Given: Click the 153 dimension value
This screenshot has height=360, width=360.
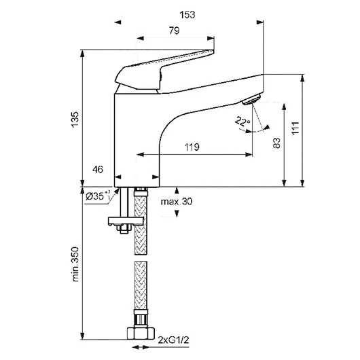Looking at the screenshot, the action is (187, 15).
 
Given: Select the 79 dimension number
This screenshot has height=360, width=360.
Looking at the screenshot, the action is (175, 31).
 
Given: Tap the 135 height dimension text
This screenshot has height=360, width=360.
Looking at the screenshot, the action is (75, 120).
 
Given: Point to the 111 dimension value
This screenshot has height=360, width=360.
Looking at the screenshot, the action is (295, 128).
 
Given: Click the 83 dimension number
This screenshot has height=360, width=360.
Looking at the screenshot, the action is (277, 143).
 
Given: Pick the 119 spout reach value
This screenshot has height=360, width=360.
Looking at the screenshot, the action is (192, 147).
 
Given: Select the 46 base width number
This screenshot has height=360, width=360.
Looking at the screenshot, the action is (98, 170).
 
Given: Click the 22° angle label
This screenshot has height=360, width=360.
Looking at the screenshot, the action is (242, 121).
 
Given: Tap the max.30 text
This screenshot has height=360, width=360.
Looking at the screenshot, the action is (177, 202).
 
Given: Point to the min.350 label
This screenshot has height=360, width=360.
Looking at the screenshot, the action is (75, 264).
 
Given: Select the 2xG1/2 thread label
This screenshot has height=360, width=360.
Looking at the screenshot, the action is (173, 340).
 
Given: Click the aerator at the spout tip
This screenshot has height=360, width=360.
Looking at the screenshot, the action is (251, 100).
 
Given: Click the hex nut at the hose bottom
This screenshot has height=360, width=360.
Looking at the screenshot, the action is (141, 334).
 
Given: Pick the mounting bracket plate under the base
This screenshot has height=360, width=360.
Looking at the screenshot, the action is (126, 221).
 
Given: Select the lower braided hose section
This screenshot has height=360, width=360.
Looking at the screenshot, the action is (141, 285).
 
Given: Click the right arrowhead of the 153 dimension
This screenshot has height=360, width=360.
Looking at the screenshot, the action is (260, 22).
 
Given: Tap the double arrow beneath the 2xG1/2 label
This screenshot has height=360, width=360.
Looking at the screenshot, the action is (141, 347).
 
